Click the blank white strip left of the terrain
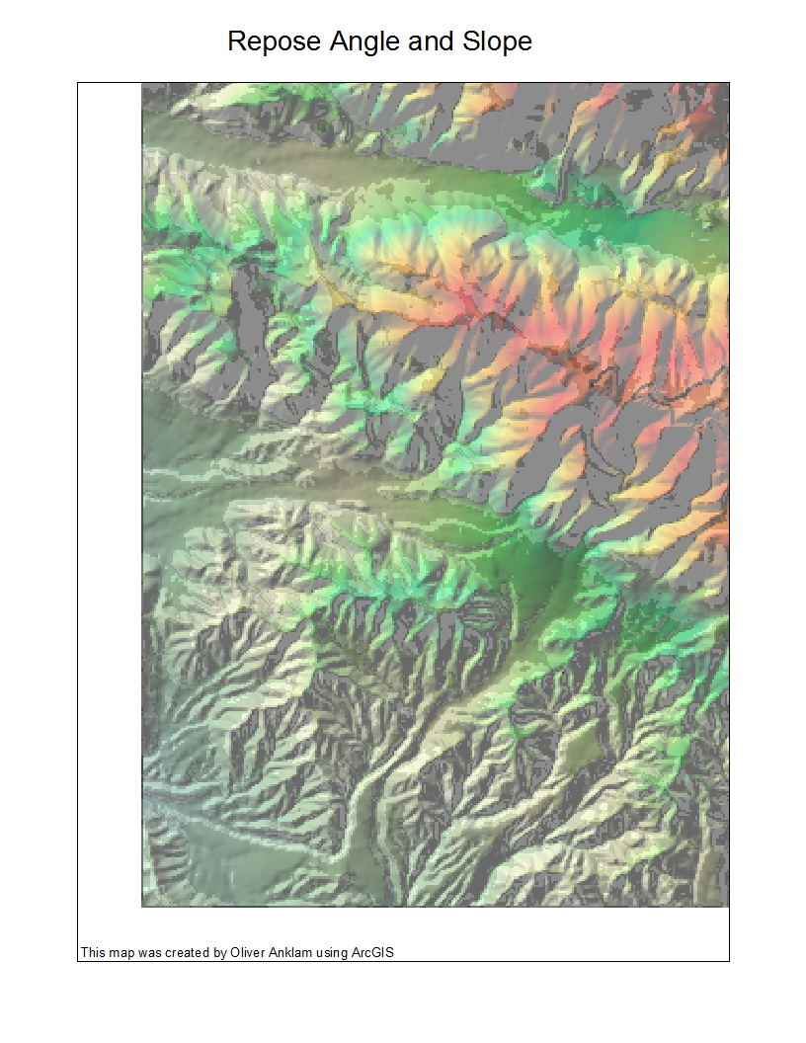tap(110, 494)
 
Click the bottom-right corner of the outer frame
tap(729, 961)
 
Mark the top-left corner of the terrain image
tap(142, 84)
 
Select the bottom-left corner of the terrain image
tap(142, 906)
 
